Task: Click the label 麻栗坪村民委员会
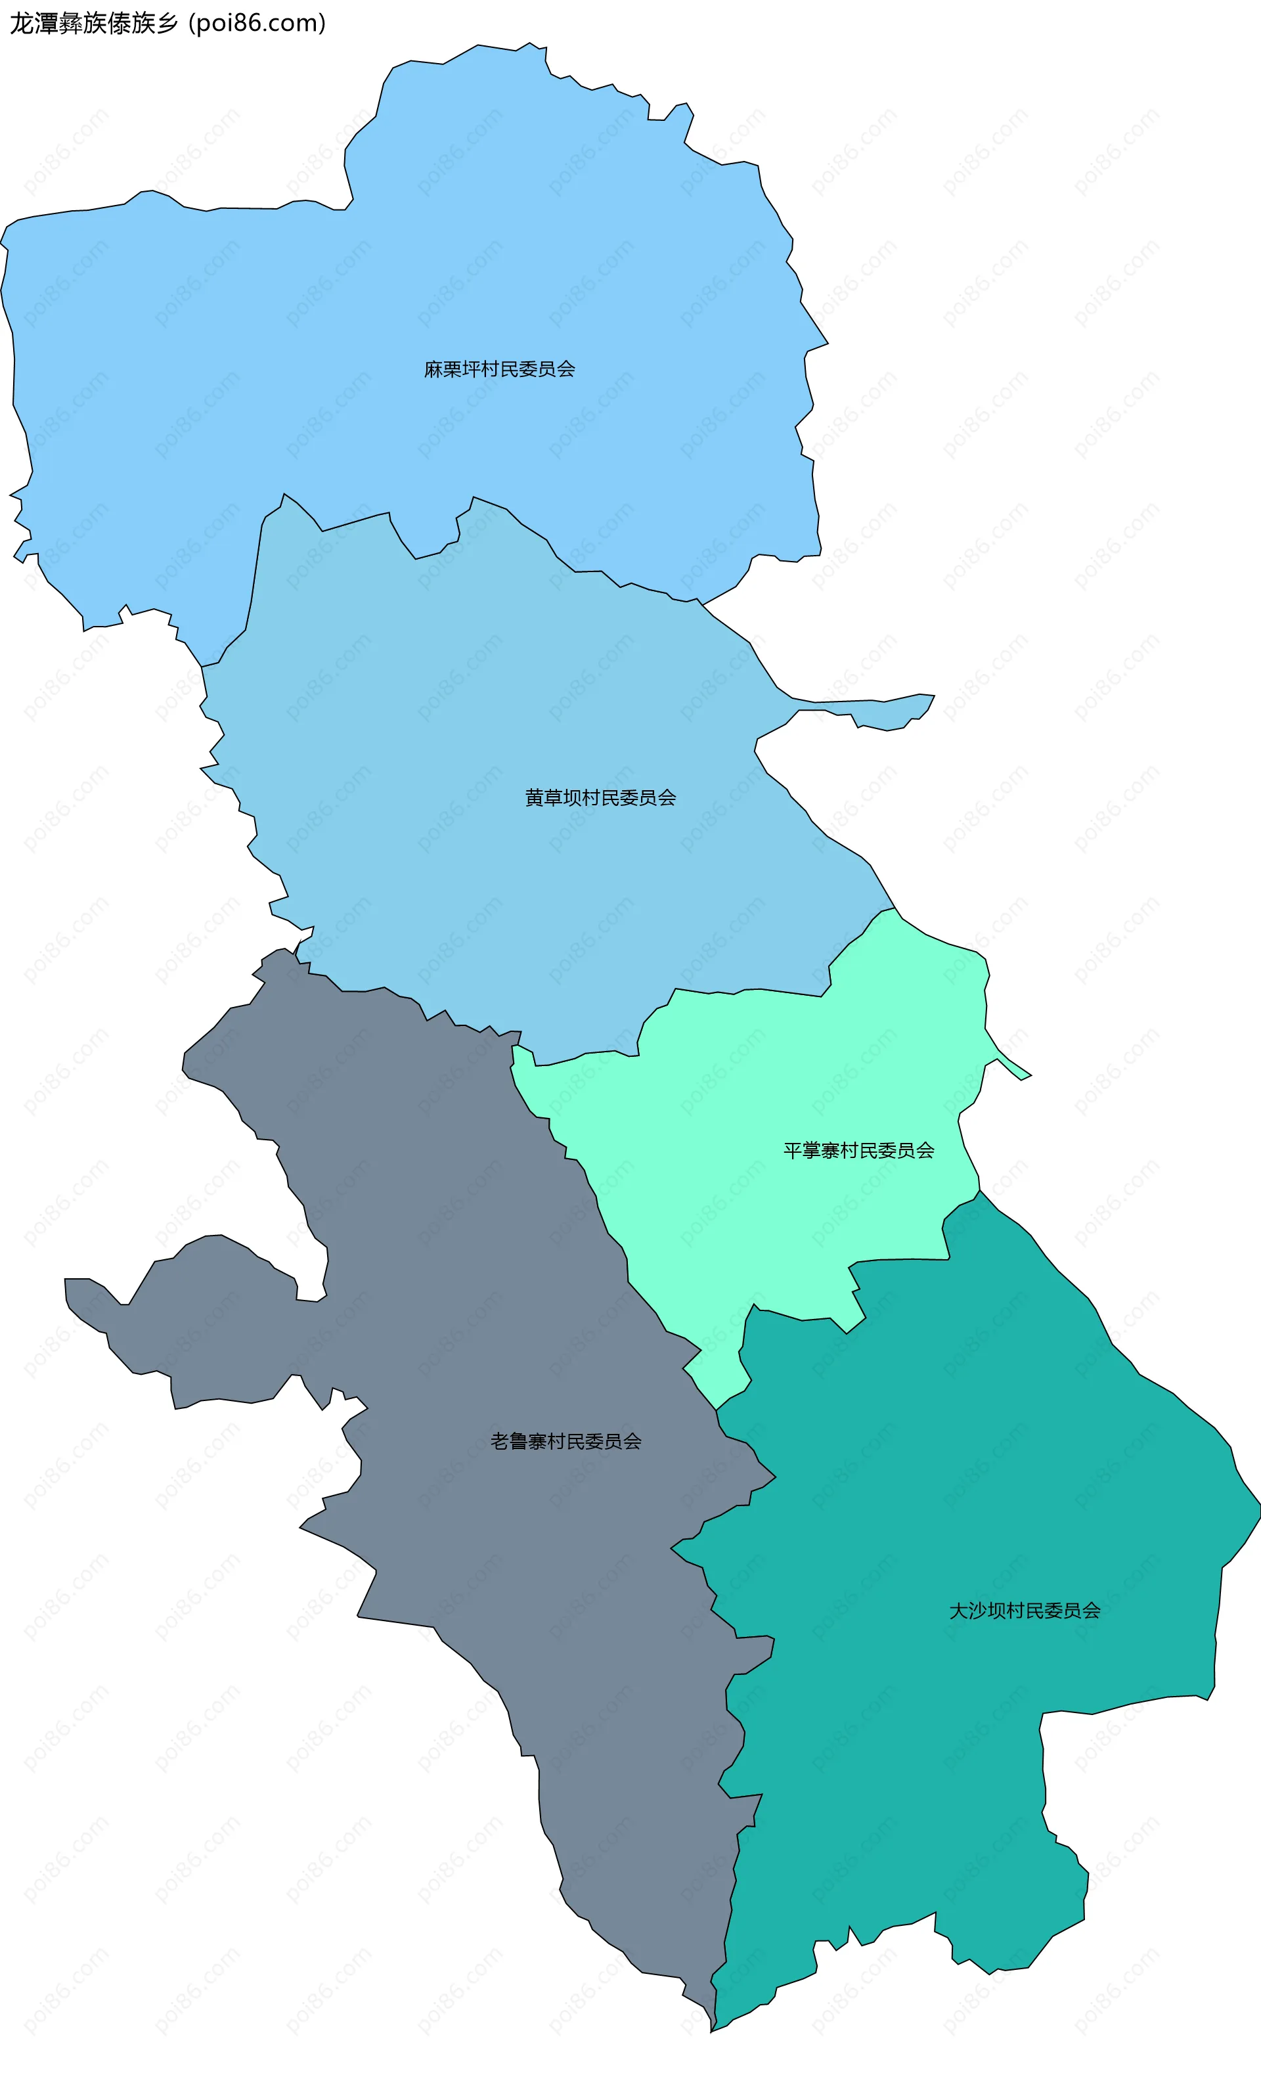[x=499, y=369]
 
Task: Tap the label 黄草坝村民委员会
[x=600, y=797]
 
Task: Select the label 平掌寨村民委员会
[x=858, y=1150]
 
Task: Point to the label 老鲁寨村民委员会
[x=565, y=1442]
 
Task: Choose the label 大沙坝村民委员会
[x=1025, y=1611]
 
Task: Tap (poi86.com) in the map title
[x=257, y=24]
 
